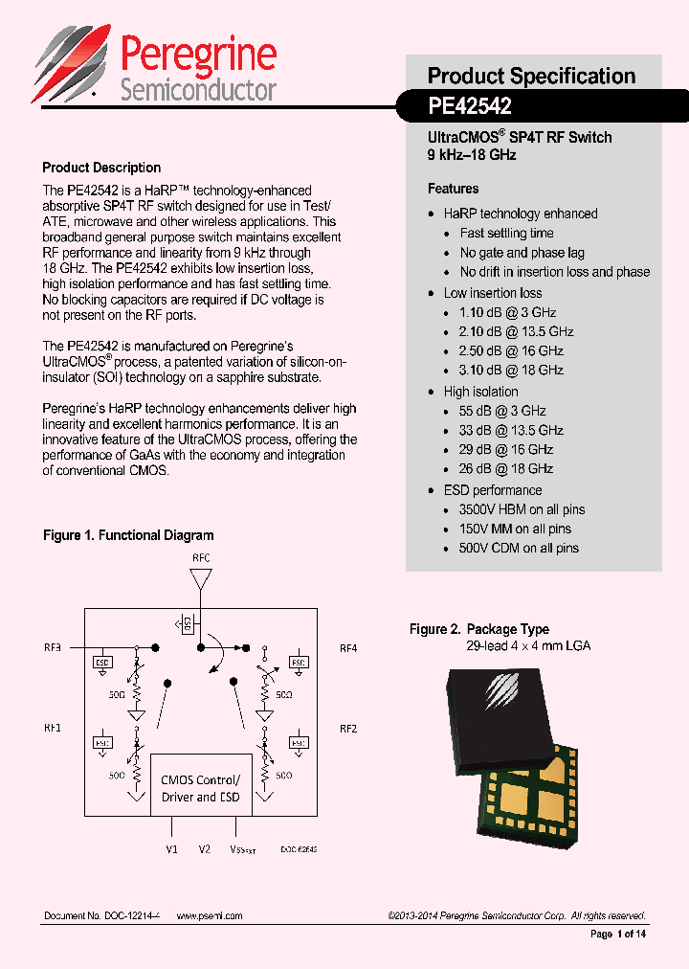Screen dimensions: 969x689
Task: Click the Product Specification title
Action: [x=531, y=76]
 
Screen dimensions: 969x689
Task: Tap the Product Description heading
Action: [x=101, y=168]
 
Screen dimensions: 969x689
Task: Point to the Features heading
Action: [x=453, y=189]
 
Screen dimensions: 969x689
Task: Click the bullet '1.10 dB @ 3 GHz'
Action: [x=507, y=312]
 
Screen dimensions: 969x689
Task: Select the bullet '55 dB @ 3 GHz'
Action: [x=503, y=411]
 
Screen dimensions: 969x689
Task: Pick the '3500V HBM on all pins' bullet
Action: [x=522, y=509]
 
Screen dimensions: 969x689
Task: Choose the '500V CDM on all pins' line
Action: [x=519, y=548]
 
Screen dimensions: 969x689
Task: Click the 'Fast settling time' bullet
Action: [x=506, y=233]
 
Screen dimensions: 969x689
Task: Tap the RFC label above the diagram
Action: [x=201, y=557]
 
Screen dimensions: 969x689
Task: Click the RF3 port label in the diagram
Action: [x=52, y=648]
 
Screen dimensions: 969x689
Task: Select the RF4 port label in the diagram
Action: [x=348, y=648]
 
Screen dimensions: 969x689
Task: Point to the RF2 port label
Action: [x=348, y=729]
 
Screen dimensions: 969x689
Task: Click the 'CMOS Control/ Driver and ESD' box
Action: [x=201, y=788]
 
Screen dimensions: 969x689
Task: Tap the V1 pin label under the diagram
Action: [x=171, y=848]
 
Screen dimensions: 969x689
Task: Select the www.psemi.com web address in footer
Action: [x=210, y=915]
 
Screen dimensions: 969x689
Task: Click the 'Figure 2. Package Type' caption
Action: [x=479, y=629]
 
